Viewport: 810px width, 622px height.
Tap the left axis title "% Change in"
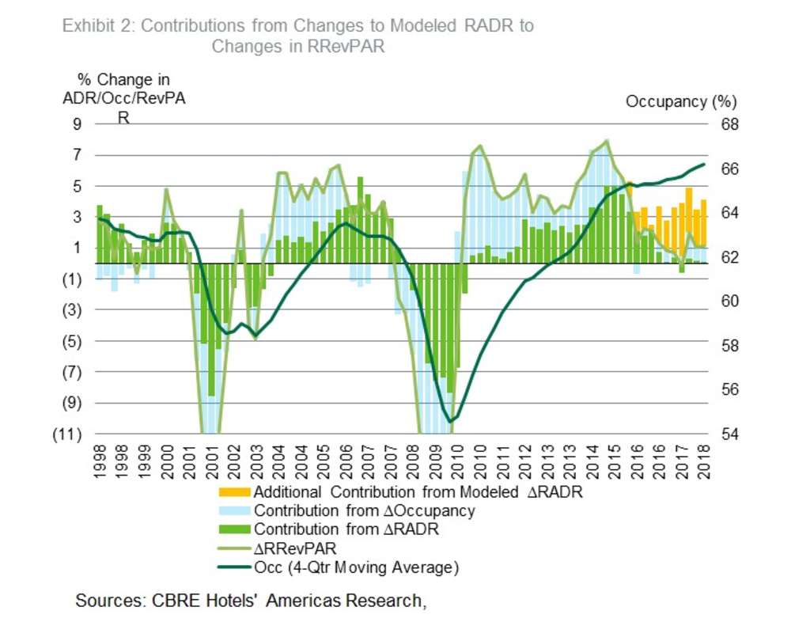point(123,80)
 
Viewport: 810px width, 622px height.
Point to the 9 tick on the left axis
point(78,124)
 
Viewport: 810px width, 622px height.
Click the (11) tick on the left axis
point(72,434)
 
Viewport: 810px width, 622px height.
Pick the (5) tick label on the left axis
point(74,341)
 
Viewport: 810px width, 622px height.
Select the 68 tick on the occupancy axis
point(729,125)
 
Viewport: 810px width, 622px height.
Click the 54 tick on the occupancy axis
point(729,434)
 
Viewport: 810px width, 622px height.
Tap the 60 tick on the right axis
point(729,302)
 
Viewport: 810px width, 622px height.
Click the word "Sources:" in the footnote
point(108,601)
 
